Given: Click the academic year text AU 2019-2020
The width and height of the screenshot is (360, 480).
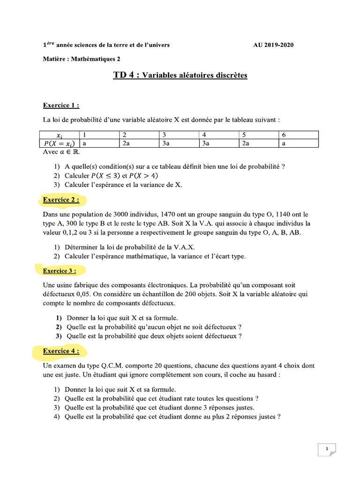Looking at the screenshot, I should [274, 45].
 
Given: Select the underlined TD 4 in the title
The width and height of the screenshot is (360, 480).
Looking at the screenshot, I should [126, 75].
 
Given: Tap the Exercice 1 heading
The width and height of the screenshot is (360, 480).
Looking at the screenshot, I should [61, 105].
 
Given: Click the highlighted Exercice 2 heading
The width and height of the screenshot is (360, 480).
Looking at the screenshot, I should [61, 200].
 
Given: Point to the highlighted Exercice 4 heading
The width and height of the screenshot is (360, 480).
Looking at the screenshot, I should [61, 351].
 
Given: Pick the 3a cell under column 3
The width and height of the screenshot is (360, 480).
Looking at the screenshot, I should [166, 143].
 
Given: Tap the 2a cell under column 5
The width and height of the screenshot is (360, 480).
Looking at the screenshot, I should [246, 143].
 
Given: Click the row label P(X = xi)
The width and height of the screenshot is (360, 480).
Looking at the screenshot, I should [60, 143].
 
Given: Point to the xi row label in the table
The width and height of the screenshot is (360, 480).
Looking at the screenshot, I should [60, 135].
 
